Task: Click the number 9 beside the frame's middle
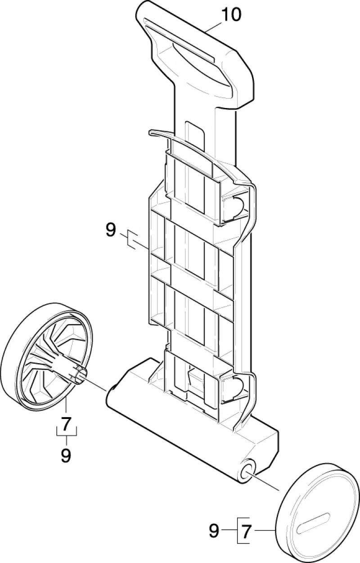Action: click(x=111, y=230)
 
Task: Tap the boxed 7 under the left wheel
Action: click(x=66, y=424)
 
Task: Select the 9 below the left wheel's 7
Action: click(x=66, y=455)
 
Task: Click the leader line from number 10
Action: click(x=214, y=27)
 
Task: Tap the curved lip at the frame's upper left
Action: click(x=161, y=133)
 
